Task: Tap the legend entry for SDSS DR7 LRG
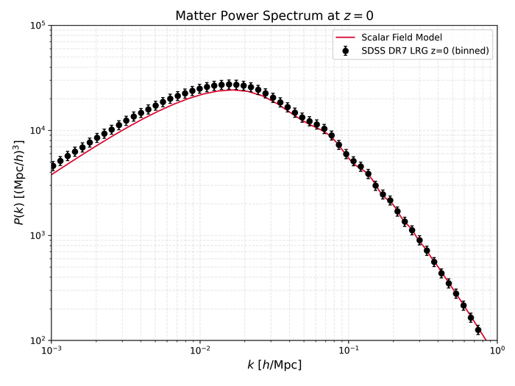426,51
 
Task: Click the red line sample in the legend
345,37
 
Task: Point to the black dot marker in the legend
345,51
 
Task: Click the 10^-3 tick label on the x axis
50,351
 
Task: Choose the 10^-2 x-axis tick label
199,351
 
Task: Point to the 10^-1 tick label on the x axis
349,351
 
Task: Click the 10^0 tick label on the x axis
498,351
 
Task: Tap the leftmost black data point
52,165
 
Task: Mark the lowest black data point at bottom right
478,329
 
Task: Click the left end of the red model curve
51,174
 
